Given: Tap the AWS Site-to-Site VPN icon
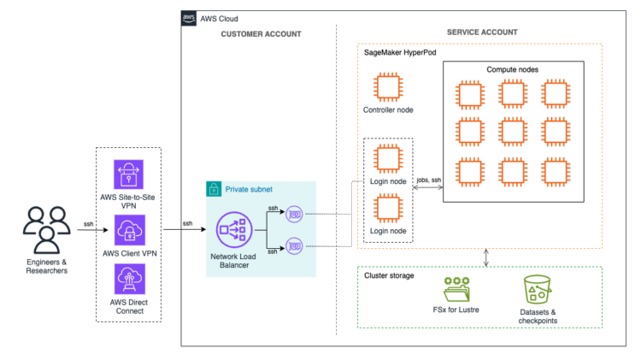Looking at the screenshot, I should [129, 175].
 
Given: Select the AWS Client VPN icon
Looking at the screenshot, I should [129, 230].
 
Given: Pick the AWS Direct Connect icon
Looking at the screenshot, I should [129, 280].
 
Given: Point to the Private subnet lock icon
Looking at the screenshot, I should [214, 188].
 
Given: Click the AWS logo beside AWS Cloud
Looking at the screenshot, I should [189, 18].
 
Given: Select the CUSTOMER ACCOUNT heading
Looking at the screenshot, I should [261, 34].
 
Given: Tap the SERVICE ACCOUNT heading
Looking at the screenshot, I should [482, 32].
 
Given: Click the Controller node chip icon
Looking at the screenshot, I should [388, 88].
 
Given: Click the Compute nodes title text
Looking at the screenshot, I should [513, 68].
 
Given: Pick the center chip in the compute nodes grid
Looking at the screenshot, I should [513, 132].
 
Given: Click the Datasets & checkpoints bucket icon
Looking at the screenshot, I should [537, 292].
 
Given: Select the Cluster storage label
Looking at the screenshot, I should [389, 275].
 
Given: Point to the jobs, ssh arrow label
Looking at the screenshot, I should [427, 180].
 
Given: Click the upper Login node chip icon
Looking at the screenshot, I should [388, 159].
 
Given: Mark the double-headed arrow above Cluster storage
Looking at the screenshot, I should [486, 257].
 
